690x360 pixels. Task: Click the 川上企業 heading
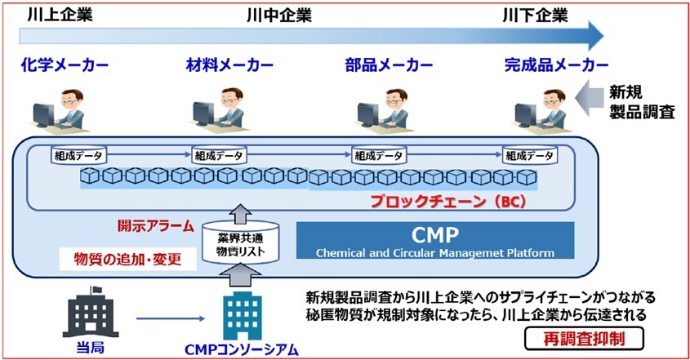pyautogui.click(x=60, y=16)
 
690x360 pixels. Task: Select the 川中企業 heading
pyautogui.click(x=279, y=16)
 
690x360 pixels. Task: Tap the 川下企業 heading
pyautogui.click(x=535, y=16)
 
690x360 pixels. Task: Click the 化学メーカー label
pyautogui.click(x=65, y=65)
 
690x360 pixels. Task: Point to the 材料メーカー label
pyautogui.click(x=229, y=65)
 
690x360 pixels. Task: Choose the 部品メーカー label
pyautogui.click(x=389, y=65)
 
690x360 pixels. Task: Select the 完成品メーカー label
pyautogui.click(x=557, y=65)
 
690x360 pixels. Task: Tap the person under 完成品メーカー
pyautogui.click(x=542, y=111)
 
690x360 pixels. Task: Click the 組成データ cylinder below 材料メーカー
pyautogui.click(x=219, y=155)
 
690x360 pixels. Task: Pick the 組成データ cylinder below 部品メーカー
pyautogui.click(x=378, y=155)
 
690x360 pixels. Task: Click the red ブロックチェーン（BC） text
pyautogui.click(x=448, y=201)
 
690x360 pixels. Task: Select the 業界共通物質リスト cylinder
pyautogui.click(x=240, y=243)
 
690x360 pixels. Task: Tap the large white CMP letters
pyautogui.click(x=434, y=235)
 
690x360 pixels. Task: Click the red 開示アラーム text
pyautogui.click(x=155, y=226)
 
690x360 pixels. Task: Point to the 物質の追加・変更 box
pyautogui.click(x=127, y=259)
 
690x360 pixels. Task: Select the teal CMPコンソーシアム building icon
pyautogui.click(x=243, y=316)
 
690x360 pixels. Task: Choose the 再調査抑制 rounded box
pyautogui.click(x=584, y=340)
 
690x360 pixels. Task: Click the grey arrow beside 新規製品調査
pyautogui.click(x=590, y=98)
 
